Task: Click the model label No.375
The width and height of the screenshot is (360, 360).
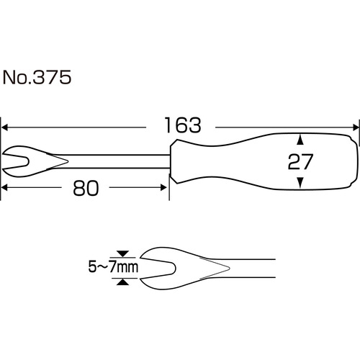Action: click(37, 77)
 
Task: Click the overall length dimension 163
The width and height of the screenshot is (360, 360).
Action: click(183, 125)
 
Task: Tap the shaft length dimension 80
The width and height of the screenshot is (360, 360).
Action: click(86, 189)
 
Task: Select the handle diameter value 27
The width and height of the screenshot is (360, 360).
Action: click(300, 161)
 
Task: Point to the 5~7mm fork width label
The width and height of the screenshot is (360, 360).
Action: click(113, 267)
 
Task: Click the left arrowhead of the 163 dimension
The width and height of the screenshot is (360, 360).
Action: click(5, 127)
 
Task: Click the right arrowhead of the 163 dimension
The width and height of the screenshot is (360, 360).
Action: click(356, 127)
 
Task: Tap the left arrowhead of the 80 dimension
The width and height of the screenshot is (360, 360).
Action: click(5, 187)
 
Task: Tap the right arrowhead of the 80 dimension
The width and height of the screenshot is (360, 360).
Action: click(163, 187)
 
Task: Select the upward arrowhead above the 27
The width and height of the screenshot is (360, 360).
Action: click(300, 140)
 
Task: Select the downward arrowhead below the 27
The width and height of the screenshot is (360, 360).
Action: click(300, 183)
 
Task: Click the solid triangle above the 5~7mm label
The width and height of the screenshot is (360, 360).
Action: click(123, 254)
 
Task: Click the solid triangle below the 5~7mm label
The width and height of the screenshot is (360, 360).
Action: click(123, 282)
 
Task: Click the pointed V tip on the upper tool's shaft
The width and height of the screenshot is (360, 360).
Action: click(68, 161)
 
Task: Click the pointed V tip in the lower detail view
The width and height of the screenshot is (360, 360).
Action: click(230, 268)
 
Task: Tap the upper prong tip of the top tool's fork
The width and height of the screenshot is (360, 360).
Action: click(3, 154)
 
